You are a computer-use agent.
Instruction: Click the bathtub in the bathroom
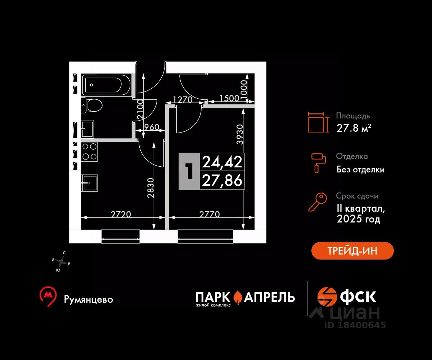click(x=106, y=85)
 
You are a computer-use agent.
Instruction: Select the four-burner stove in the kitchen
click(x=90, y=152)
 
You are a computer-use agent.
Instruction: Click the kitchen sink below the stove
click(x=90, y=183)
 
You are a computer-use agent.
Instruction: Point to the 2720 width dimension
click(x=121, y=214)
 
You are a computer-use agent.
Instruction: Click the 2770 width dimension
click(x=209, y=214)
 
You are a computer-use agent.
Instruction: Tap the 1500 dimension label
click(x=229, y=98)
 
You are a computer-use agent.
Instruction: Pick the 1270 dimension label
click(x=183, y=99)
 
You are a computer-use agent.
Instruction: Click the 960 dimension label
click(x=151, y=127)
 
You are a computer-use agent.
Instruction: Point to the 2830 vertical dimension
click(x=150, y=188)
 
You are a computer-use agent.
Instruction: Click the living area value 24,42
click(x=222, y=162)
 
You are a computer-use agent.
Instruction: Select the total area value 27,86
click(x=222, y=180)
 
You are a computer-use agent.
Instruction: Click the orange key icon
click(x=317, y=202)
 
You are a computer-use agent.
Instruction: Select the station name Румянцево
click(x=88, y=300)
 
